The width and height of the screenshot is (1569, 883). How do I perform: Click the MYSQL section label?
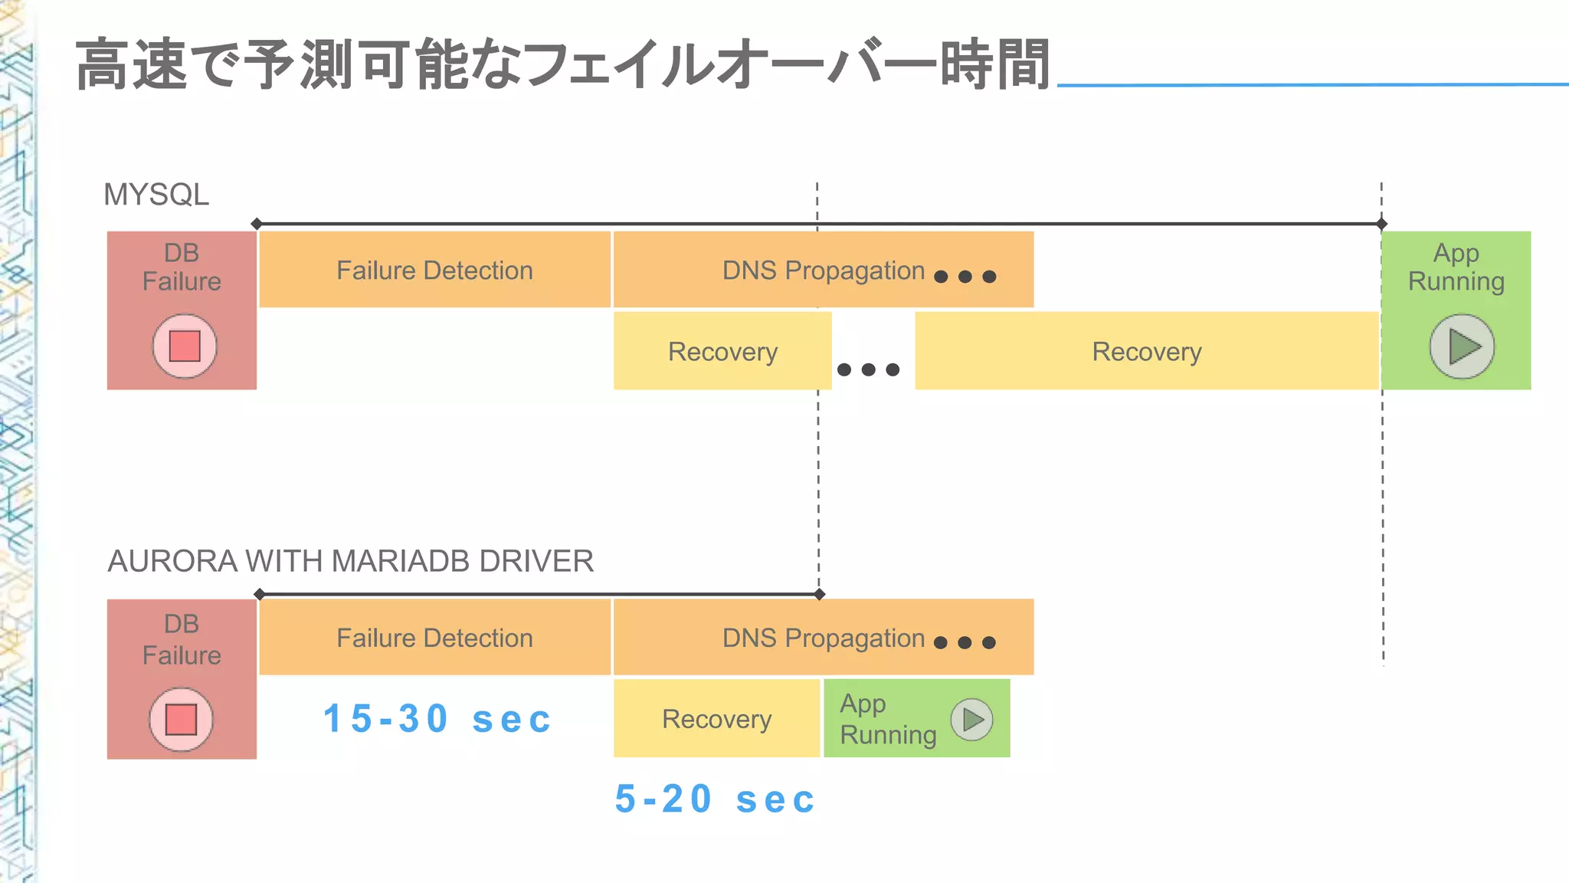click(x=156, y=195)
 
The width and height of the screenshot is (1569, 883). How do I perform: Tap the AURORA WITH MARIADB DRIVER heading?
click(x=350, y=561)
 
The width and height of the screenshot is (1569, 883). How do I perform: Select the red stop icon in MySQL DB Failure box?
click(x=185, y=346)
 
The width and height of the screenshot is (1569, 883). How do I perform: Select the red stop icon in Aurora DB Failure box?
click(x=182, y=719)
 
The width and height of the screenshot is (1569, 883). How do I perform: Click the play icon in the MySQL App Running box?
click(x=1462, y=346)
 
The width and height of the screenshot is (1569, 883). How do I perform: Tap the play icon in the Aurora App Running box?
click(x=971, y=719)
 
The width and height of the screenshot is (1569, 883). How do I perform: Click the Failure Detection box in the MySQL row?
click(x=434, y=270)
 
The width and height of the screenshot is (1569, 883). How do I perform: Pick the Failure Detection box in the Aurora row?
click(x=434, y=638)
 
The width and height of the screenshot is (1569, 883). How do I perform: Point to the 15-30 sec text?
click(x=437, y=719)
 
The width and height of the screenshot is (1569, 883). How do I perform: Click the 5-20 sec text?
click(x=715, y=799)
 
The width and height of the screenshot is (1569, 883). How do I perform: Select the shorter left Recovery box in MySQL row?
click(x=722, y=351)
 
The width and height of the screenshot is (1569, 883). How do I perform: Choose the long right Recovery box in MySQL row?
click(x=1146, y=351)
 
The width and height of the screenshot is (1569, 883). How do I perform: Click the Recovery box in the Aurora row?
click(x=716, y=719)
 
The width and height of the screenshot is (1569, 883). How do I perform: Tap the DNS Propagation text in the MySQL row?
click(x=824, y=270)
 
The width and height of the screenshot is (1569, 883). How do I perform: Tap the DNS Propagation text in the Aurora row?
click(x=824, y=638)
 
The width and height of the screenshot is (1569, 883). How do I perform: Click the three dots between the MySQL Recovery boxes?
click(x=868, y=369)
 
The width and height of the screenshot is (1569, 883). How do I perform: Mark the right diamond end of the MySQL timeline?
click(x=1381, y=224)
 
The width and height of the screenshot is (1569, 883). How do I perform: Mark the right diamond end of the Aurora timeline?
click(x=820, y=594)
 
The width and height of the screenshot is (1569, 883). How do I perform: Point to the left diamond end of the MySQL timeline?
click(x=257, y=224)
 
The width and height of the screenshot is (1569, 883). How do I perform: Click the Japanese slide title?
click(x=562, y=65)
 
